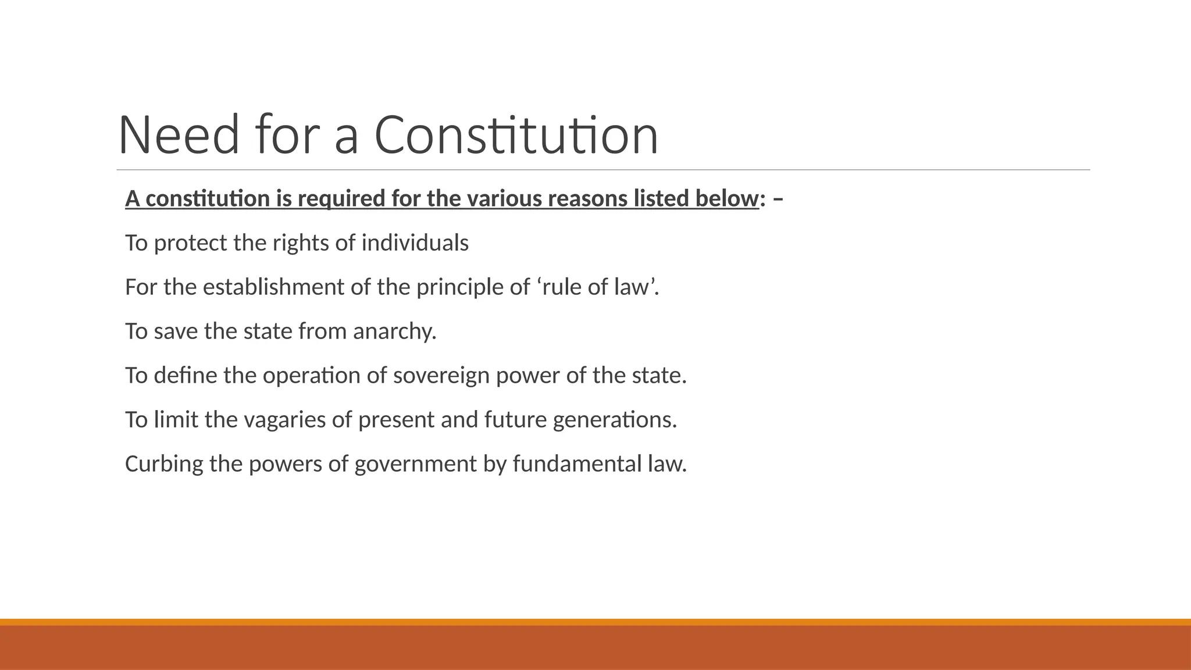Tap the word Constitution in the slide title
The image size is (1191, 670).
coord(516,136)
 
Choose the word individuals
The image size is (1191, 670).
coord(415,243)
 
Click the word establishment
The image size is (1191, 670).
coord(273,287)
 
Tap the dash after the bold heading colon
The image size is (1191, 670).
coord(779,199)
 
